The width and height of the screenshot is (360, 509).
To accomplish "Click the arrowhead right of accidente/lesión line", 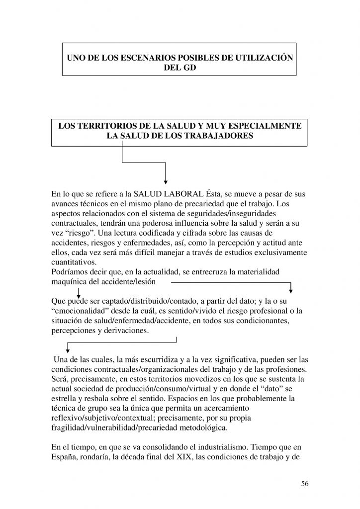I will pos(292,290).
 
